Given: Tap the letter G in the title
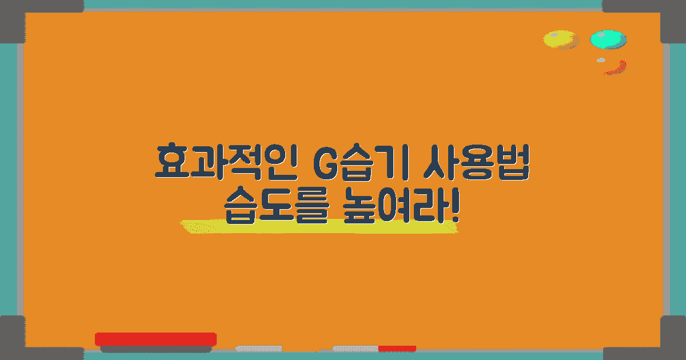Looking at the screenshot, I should [327, 163].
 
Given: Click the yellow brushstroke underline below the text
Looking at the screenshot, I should [320, 227].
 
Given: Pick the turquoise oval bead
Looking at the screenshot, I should [608, 39].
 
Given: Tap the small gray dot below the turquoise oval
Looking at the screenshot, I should [601, 60].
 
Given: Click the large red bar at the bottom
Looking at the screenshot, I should [155, 339].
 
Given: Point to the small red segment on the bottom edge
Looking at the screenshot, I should [397, 349].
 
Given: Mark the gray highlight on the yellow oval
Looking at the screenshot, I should [553, 35].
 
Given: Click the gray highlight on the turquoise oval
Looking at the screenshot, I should [601, 34].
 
